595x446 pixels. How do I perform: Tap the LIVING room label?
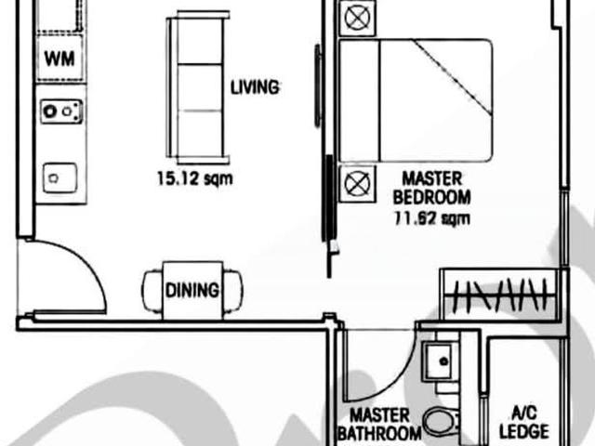(x=255, y=87)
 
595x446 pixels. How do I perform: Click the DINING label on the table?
(x=192, y=290)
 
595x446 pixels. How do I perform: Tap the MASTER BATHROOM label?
(x=378, y=425)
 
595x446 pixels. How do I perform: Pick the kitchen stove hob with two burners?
(x=60, y=112)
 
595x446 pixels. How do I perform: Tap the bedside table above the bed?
(x=356, y=16)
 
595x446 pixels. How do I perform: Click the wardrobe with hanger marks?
(x=502, y=295)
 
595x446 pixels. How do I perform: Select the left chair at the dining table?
(x=153, y=291)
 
